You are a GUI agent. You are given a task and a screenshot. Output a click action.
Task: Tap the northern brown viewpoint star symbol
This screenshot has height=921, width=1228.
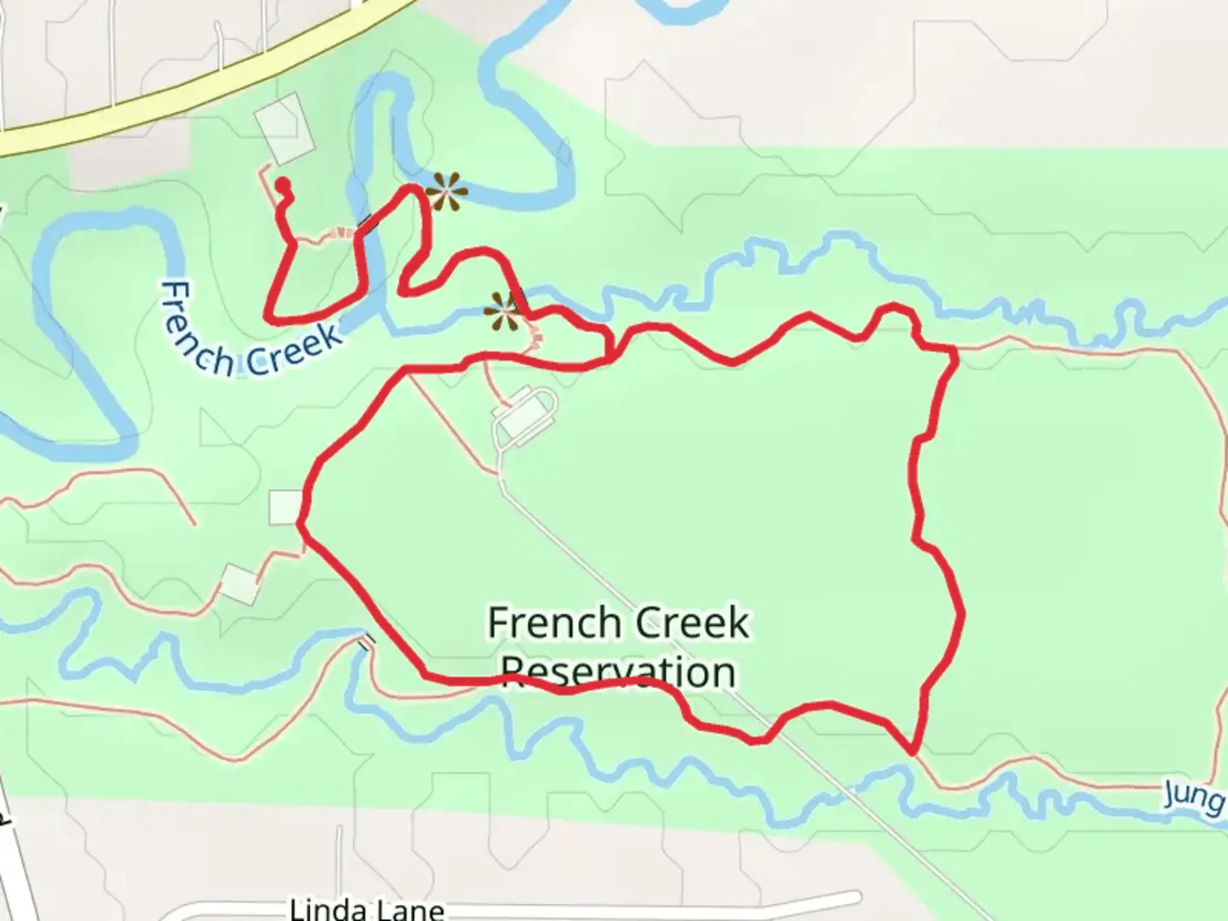[x=445, y=192]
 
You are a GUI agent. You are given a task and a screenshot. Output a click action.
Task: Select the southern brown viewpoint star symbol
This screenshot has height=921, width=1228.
[x=502, y=313]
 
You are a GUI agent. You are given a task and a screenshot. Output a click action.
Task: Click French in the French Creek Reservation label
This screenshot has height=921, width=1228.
[x=546, y=623]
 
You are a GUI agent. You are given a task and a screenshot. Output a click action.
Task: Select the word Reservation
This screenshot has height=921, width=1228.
[x=618, y=671]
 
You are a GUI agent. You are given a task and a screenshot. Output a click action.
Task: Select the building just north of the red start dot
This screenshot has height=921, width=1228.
[x=282, y=128]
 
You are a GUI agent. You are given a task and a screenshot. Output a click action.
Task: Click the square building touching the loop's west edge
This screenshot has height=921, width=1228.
[x=284, y=507]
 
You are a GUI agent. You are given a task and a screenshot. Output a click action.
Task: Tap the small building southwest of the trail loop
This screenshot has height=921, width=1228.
[x=240, y=583]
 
